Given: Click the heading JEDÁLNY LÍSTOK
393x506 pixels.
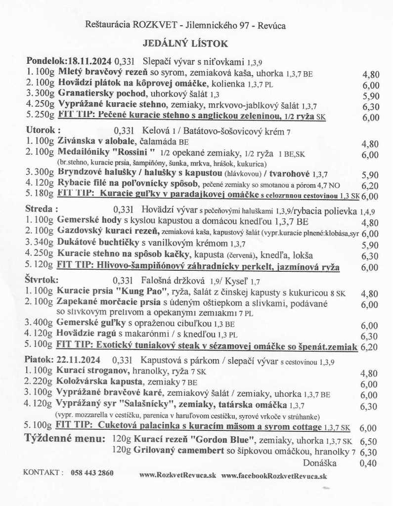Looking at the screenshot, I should pyautogui.click(x=185, y=43).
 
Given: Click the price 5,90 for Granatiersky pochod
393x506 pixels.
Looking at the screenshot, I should pyautogui.click(x=371, y=96).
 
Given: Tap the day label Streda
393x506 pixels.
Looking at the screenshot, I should pyautogui.click(x=40, y=209).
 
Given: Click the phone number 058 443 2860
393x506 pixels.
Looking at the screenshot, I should pyautogui.click(x=92, y=473).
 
